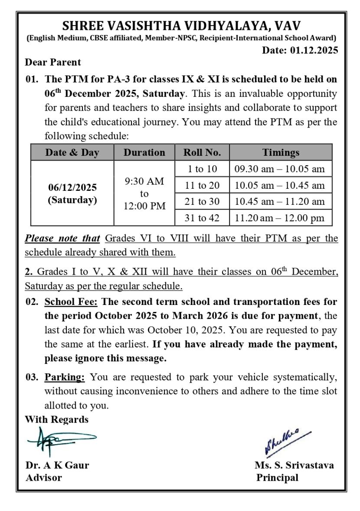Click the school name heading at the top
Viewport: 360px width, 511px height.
(x=182, y=25)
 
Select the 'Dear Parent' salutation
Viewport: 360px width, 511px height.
(x=53, y=62)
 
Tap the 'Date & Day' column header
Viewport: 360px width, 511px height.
(x=72, y=153)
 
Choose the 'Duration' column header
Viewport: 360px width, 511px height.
(x=144, y=153)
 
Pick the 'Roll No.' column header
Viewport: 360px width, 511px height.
(x=202, y=153)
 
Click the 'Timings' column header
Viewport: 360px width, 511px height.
(x=280, y=153)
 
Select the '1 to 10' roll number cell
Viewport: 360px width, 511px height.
(x=202, y=169)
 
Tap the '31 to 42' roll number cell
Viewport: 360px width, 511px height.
(x=202, y=218)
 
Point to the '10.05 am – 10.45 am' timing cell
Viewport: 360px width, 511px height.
(x=280, y=185)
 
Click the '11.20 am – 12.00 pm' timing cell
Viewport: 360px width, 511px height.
(x=280, y=218)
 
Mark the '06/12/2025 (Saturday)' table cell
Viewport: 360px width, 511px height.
(x=72, y=193)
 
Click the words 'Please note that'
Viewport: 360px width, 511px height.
(x=63, y=239)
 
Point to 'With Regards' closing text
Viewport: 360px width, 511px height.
(x=56, y=419)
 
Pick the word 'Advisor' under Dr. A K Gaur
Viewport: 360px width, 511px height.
(x=43, y=478)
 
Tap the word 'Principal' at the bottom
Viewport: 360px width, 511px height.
(x=277, y=478)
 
